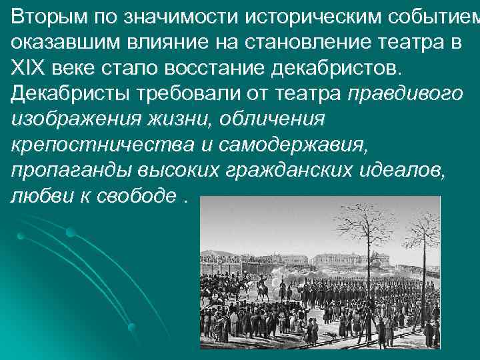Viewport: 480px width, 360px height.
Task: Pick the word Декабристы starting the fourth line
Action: [x=67, y=95]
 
